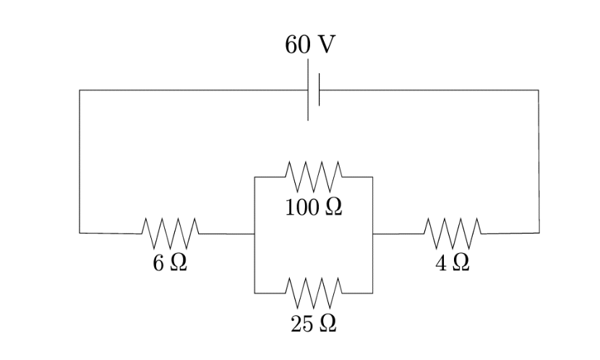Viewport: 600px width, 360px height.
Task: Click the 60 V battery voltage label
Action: pyautogui.click(x=309, y=45)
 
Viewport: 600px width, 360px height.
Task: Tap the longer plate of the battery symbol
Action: pyautogui.click(x=308, y=90)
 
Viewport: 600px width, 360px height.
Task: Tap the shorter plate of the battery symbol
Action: pyautogui.click(x=319, y=90)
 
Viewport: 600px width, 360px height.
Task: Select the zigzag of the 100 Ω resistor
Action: pyautogui.click(x=314, y=174)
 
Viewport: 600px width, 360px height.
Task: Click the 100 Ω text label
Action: pyautogui.click(x=313, y=207)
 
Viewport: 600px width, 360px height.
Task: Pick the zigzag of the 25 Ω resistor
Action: pyautogui.click(x=314, y=291)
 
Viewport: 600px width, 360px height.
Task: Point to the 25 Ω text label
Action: pyautogui.click(x=313, y=324)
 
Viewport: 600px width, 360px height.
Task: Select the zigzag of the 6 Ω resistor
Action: pyautogui.click(x=171, y=232)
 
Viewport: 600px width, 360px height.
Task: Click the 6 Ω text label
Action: pyautogui.click(x=170, y=263)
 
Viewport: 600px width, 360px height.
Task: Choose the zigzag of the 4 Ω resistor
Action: pyautogui.click(x=453, y=232)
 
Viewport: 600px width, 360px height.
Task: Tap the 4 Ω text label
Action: pyautogui.click(x=453, y=263)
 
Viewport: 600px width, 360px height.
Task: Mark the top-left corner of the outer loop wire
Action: pyautogui.click(x=80, y=90)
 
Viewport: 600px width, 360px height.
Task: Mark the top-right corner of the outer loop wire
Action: pyautogui.click(x=539, y=90)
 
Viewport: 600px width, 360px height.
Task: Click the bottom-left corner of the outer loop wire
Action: pyautogui.click(x=80, y=233)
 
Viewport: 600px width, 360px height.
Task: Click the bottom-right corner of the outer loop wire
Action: pyautogui.click(x=539, y=233)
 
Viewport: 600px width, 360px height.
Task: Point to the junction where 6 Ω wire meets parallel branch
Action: pyautogui.click(x=254, y=233)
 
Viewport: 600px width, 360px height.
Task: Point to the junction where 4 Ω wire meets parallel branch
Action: pyautogui.click(x=373, y=233)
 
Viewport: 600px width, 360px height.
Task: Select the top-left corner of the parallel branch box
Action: pyautogui.click(x=254, y=176)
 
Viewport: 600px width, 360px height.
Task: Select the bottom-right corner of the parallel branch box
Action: pyautogui.click(x=373, y=293)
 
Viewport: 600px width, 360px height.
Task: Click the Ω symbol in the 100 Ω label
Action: pyautogui.click(x=333, y=207)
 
